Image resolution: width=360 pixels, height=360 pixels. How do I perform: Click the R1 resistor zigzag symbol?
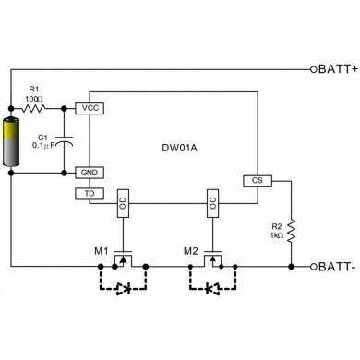click(34, 108)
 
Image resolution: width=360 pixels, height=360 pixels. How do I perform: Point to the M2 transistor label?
click(191, 250)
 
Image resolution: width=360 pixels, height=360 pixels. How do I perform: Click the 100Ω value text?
click(35, 96)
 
